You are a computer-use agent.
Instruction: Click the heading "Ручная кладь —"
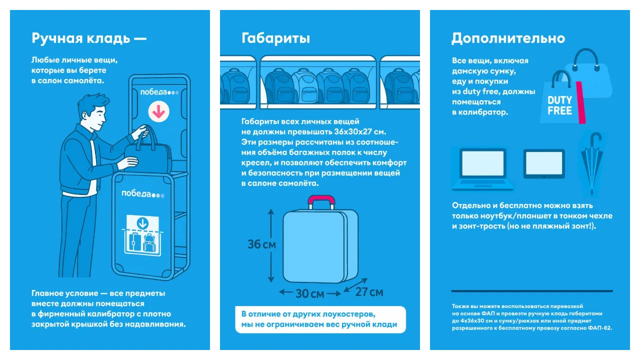point(89,38)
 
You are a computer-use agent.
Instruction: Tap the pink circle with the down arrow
point(159,111)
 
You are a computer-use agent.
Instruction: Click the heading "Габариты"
point(275,38)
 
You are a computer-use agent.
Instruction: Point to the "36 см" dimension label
point(261,244)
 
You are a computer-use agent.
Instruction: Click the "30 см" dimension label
point(309,293)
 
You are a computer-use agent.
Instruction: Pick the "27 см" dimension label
point(369,291)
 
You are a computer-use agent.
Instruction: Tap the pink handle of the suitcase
point(321,202)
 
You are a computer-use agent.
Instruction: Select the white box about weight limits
point(320,319)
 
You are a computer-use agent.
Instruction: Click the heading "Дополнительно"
point(508,38)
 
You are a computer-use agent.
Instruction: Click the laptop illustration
point(482,169)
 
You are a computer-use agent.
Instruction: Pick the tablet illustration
point(544,164)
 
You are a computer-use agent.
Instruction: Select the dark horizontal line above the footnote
point(531,291)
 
